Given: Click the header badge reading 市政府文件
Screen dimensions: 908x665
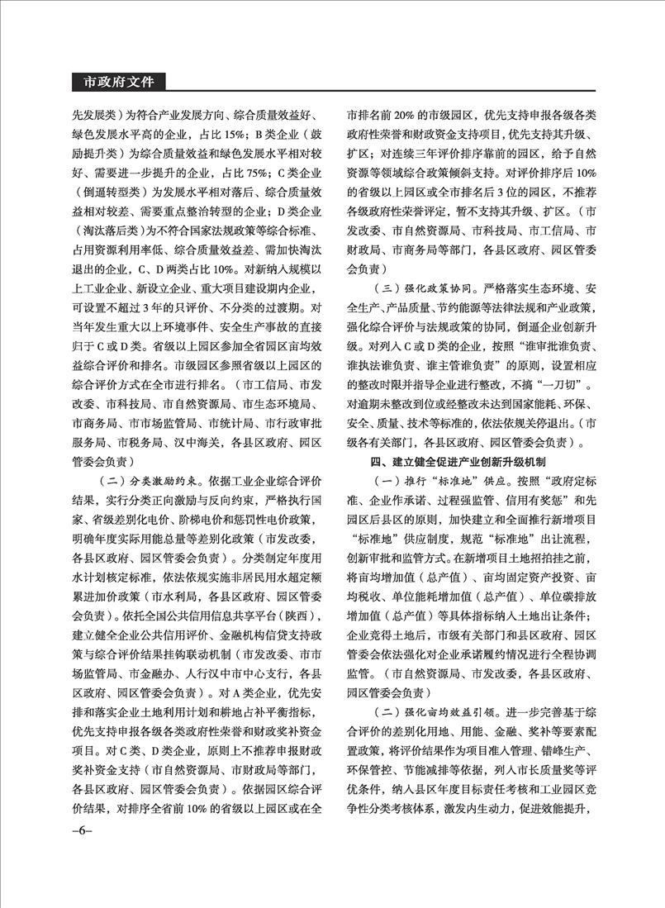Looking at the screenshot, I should pyautogui.click(x=118, y=83).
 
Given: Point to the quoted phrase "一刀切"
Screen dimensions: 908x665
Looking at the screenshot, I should pyautogui.click(x=578, y=386).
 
